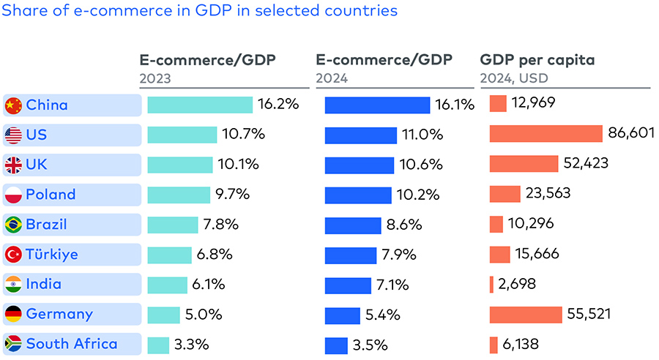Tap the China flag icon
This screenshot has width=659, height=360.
tap(13, 105)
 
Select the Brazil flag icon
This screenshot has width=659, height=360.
tap(13, 225)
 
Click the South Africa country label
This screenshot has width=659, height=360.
tap(71, 344)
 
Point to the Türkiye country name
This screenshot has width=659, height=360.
tap(52, 255)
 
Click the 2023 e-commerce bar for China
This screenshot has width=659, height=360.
tap(200, 105)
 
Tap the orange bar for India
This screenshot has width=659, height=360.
tap(491, 285)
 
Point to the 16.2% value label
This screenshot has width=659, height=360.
tap(278, 104)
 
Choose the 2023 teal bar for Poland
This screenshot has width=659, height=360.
tap(178, 195)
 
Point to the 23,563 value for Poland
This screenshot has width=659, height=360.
tap(548, 194)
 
